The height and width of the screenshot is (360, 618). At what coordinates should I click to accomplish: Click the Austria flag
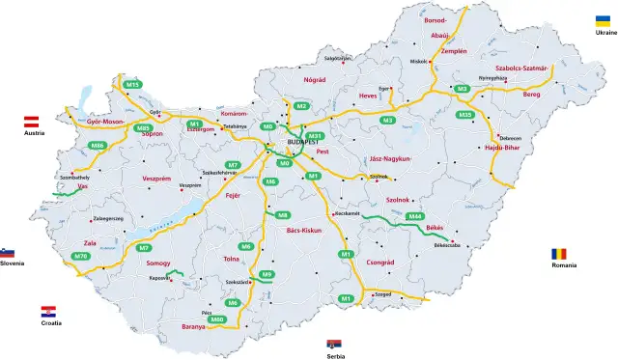point(30,122)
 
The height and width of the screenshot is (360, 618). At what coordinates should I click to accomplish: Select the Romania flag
point(561,253)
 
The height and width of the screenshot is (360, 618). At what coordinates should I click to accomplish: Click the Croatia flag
point(48,312)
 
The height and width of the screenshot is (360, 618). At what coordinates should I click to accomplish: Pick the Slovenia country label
point(12,263)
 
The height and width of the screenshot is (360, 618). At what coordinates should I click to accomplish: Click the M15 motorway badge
point(133,85)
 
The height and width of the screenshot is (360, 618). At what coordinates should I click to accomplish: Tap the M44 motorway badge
point(415,216)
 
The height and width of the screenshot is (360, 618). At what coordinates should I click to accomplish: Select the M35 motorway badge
point(465,115)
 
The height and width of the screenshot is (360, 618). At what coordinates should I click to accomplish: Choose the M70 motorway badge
point(80,256)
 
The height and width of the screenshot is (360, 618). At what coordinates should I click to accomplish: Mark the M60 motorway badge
point(217,318)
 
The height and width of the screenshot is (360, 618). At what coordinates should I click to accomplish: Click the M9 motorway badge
point(267,275)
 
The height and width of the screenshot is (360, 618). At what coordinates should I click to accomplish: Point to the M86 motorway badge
point(98,145)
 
